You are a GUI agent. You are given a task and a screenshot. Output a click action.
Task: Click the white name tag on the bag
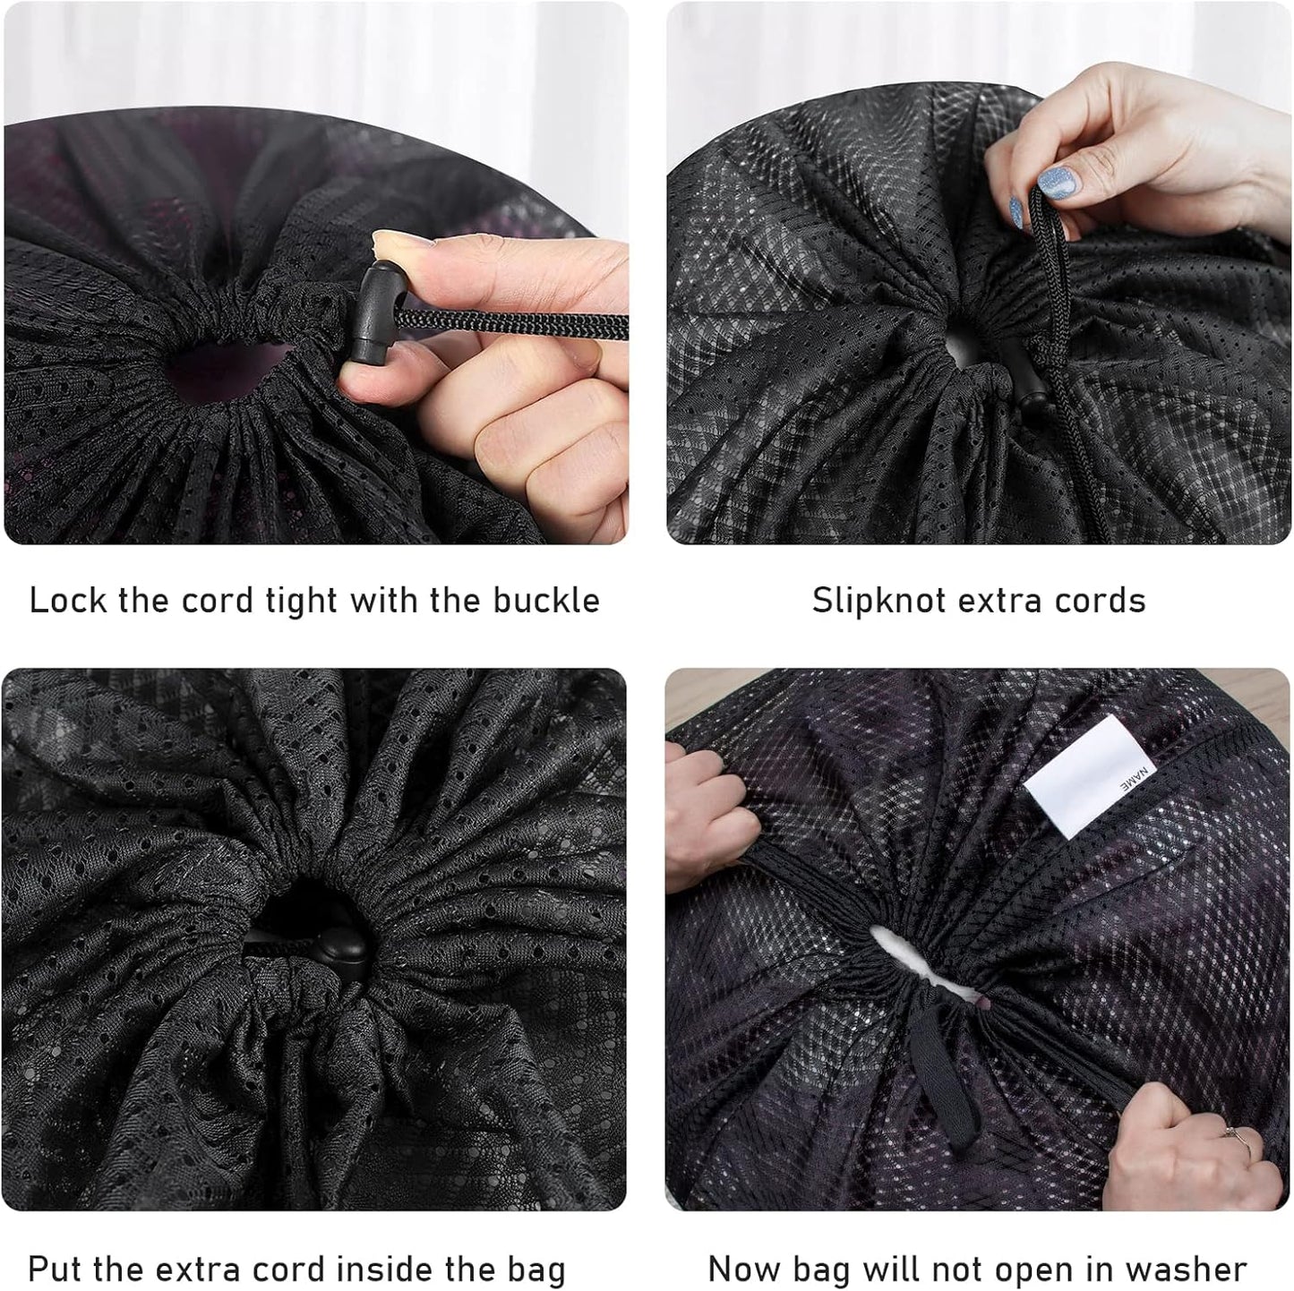point(1085,777)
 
